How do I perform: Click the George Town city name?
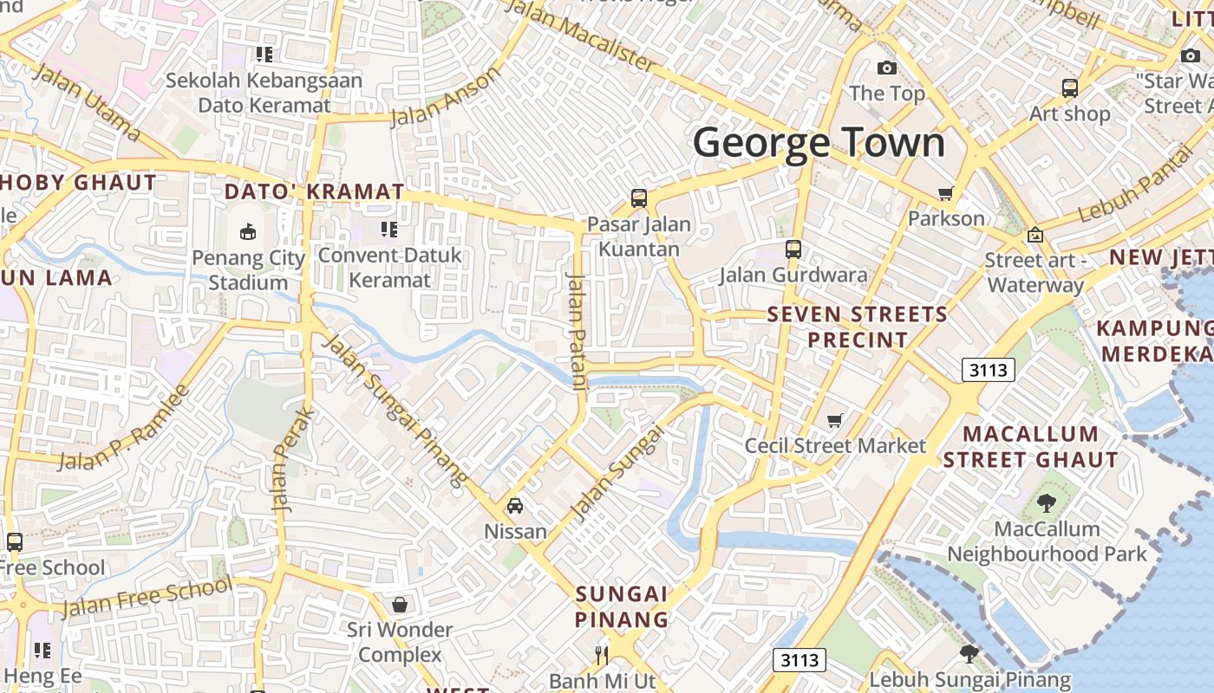(x=819, y=142)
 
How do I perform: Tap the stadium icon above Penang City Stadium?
(x=248, y=231)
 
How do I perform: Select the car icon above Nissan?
(x=515, y=505)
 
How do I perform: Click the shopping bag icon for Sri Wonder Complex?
(x=400, y=604)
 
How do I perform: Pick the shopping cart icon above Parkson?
(x=945, y=193)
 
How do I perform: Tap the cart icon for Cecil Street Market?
(x=834, y=420)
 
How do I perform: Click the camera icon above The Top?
(x=886, y=68)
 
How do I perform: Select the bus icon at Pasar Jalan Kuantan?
(x=639, y=198)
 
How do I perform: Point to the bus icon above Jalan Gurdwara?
(x=793, y=249)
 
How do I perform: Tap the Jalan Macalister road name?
(x=580, y=35)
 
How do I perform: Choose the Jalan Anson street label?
(x=446, y=95)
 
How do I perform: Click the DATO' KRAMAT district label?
(x=314, y=191)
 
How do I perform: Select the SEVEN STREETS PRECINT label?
(x=858, y=327)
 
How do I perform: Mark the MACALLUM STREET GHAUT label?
(x=1031, y=446)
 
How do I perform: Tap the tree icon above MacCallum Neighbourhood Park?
(x=1047, y=502)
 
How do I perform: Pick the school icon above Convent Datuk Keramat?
(x=389, y=230)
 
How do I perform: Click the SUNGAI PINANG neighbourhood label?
(x=623, y=606)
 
